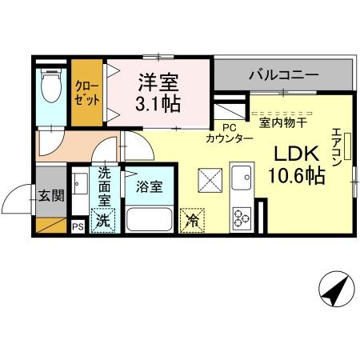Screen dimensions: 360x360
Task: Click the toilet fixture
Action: pyautogui.click(x=50, y=86)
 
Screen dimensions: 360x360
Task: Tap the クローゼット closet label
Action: pyautogui.click(x=86, y=94)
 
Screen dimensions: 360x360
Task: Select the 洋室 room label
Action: pyautogui.click(x=158, y=81)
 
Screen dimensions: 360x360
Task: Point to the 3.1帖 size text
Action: pyautogui.click(x=158, y=103)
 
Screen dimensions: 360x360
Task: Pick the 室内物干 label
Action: pyautogui.click(x=286, y=122)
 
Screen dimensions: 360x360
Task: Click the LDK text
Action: pyautogui.click(x=297, y=154)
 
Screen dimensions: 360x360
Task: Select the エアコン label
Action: pyautogui.click(x=337, y=146)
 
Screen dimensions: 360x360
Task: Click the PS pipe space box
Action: pyautogui.click(x=78, y=226)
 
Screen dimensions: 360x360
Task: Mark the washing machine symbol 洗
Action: pyautogui.click(x=103, y=220)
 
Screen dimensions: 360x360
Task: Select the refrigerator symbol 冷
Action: pyautogui.click(x=192, y=220)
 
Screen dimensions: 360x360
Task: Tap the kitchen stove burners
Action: pyautogui.click(x=242, y=215)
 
